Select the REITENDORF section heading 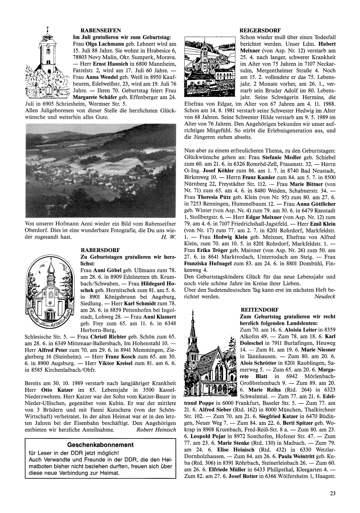tap(258, 310)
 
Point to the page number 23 tap(332, 494)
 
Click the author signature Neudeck tap(325, 297)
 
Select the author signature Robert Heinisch tap(156, 430)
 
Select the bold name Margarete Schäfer tap(93, 97)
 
